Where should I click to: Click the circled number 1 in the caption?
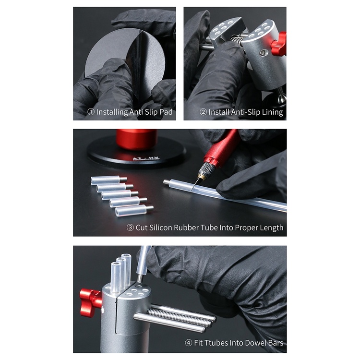pos(91,112)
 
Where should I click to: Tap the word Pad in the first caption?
pos(164,112)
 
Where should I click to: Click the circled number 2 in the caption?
pos(203,112)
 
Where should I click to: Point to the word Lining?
pos(270,112)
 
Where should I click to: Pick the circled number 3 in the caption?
pos(130,228)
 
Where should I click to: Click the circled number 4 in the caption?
pos(189,343)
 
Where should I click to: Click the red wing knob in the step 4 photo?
pos(90,298)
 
